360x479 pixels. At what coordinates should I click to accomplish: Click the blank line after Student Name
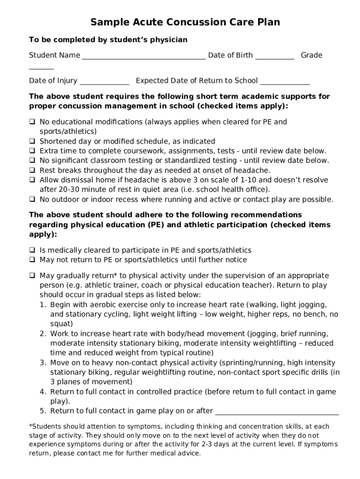click(x=144, y=57)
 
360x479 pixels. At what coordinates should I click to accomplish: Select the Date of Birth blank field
click(x=274, y=57)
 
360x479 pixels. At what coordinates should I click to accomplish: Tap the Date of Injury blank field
click(x=104, y=82)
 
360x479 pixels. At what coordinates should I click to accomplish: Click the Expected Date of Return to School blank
click(x=285, y=82)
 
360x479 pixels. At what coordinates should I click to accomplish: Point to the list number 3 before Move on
click(x=42, y=363)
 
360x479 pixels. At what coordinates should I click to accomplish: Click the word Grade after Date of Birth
click(x=311, y=55)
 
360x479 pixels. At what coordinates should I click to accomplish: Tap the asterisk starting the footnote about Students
click(x=30, y=426)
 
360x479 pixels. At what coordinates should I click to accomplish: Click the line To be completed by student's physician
click(x=108, y=40)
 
